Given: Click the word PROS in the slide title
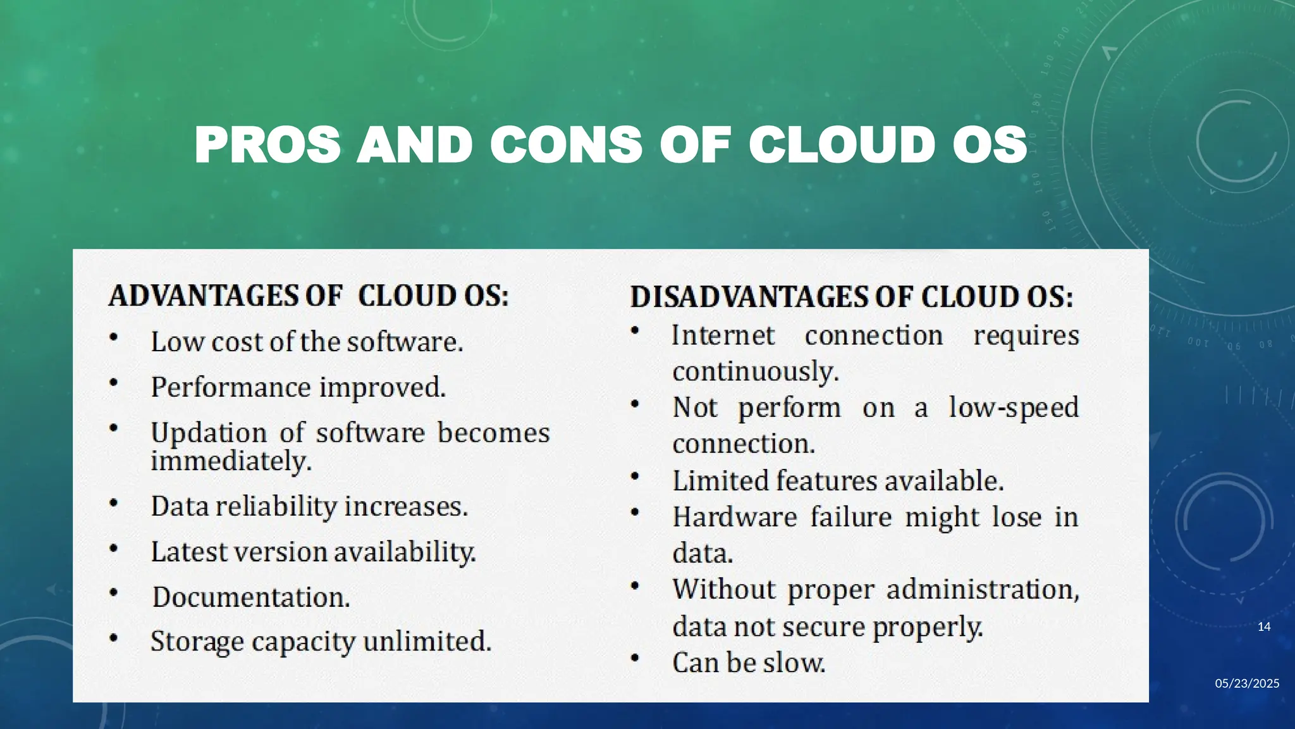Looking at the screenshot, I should (267, 145).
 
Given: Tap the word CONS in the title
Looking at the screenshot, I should (566, 145).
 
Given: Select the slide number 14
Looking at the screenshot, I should (1263, 627).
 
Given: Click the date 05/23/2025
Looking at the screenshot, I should (1247, 683).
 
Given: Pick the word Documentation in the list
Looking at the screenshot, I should (250, 597).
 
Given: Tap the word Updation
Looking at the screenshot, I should (209, 433).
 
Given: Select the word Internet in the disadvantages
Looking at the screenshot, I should (723, 335).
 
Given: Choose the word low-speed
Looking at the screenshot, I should (1014, 407).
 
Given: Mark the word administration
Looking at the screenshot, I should (982, 589).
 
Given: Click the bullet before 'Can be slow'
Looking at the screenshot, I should (635, 658).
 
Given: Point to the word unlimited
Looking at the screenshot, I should (427, 641).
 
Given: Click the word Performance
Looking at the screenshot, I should (231, 387).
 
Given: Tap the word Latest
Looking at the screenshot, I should (188, 552).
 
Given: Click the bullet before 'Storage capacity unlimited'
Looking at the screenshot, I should (113, 637).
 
